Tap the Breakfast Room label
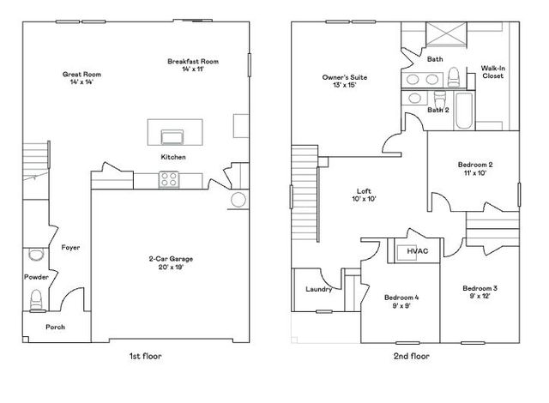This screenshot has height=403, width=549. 194,64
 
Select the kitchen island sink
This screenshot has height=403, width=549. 171,135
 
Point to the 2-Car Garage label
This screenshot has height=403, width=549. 165,262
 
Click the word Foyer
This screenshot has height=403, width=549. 70,247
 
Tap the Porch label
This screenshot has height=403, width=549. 55,327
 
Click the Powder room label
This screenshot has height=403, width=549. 36,277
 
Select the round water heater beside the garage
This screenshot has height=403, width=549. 238,201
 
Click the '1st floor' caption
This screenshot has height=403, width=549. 143,355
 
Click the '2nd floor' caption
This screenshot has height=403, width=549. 412,355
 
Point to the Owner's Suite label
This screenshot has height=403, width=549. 339,81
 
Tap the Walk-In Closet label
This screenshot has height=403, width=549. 492,72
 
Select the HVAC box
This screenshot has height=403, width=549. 418,251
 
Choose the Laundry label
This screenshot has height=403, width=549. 318,289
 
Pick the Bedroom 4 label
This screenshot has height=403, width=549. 401,301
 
